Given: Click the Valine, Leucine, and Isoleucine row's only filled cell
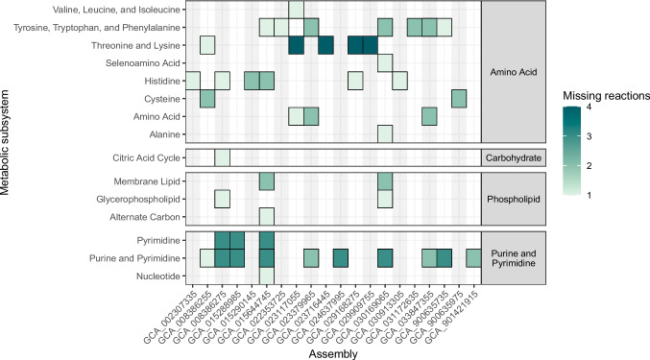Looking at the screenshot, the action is tap(296, 10).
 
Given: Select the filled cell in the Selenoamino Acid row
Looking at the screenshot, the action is tap(385, 63).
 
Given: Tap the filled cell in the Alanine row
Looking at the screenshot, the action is tap(385, 134).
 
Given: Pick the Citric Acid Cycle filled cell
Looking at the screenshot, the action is tap(222, 157).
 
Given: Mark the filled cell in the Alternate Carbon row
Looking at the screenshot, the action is tap(267, 217).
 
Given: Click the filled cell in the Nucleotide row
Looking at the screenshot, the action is tap(267, 276).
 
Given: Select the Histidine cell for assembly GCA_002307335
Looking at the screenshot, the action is tap(192, 81).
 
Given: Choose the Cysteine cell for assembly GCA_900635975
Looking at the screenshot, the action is tap(459, 99).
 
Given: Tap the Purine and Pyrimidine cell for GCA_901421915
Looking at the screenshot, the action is tap(474, 258).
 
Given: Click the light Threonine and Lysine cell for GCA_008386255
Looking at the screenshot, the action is tap(207, 45).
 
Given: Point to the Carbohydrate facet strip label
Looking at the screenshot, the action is tap(514, 157).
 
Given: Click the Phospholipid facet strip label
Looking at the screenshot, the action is tap(514, 200).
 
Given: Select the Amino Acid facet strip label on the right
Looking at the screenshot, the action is tap(514, 72).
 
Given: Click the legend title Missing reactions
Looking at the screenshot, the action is tap(606, 96).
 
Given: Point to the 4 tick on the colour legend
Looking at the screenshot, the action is tap(590, 107).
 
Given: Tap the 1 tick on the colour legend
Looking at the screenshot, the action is tap(590, 195).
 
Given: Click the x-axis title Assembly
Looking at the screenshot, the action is tap(333, 354).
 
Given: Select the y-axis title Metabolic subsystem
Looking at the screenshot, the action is tap(6, 142).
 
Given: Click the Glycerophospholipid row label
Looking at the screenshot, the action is tap(138, 200).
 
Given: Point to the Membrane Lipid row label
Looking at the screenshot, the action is tap(147, 181).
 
